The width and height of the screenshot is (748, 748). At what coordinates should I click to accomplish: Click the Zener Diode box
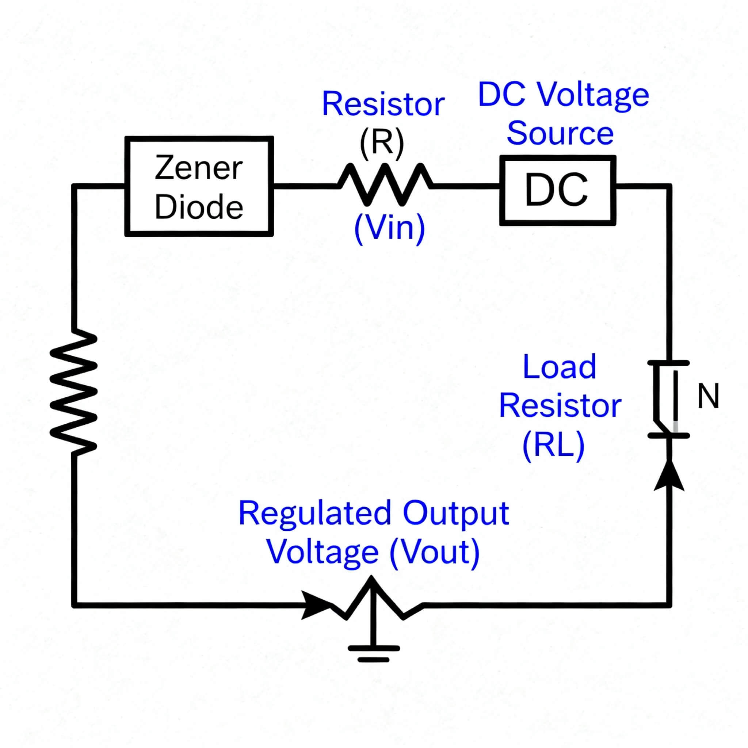(199, 186)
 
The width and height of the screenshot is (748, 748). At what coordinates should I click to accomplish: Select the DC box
(557, 190)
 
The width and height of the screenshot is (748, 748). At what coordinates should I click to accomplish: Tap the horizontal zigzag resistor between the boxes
(385, 185)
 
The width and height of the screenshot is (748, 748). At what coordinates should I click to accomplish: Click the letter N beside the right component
(708, 396)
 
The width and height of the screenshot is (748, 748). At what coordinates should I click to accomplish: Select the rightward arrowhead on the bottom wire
(316, 605)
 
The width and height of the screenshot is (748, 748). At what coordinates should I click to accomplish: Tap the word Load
(559, 367)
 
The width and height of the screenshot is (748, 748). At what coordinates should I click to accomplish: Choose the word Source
(560, 134)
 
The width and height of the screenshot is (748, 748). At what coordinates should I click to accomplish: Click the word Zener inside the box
(199, 168)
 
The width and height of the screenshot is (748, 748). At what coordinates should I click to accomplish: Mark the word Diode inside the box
(199, 206)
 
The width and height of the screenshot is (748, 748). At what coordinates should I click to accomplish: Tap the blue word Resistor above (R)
(383, 104)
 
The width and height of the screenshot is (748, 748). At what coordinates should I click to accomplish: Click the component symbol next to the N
(668, 399)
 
